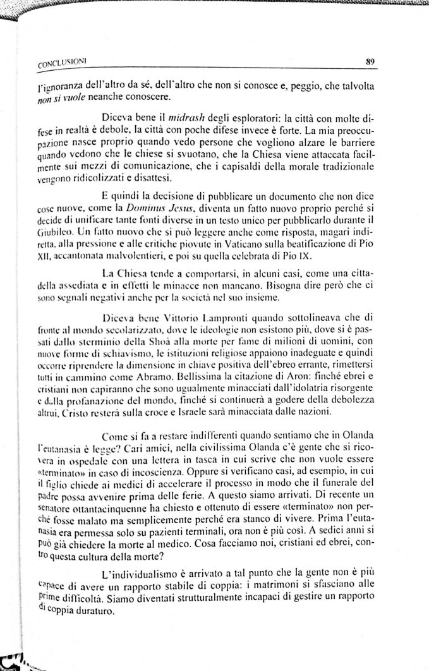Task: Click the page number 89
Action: [371, 61]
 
